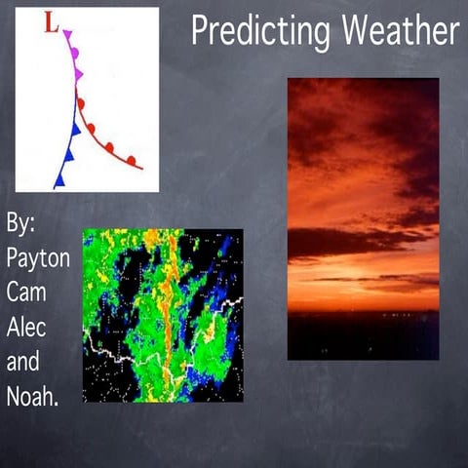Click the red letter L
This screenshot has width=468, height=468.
(52, 22)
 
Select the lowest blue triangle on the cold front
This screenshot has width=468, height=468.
(59, 178)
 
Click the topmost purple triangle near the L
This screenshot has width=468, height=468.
(68, 37)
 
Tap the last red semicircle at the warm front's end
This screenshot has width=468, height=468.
(131, 159)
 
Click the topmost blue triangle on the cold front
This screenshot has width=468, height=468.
(75, 128)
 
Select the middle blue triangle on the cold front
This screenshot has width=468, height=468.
(68, 153)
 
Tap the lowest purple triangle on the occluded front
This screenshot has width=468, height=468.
(78, 75)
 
